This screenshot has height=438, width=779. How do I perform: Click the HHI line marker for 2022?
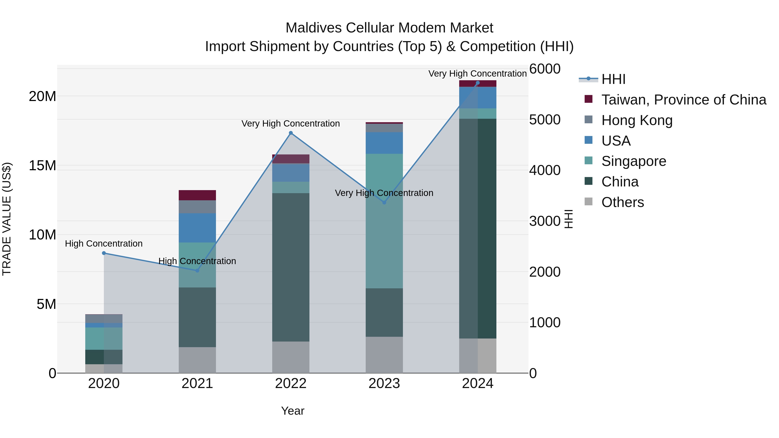[291, 133]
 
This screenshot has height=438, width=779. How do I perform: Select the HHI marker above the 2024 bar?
[478, 83]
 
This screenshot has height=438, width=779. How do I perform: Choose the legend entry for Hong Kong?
[637, 120]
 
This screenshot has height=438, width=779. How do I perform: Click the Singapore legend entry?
[634, 161]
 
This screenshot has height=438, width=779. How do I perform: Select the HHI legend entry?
[613, 79]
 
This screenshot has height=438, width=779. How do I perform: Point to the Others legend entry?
[622, 202]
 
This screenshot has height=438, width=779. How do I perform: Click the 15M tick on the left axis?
[42, 166]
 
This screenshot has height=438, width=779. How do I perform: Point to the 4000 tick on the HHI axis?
[545, 170]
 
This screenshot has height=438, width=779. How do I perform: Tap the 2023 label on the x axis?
[384, 383]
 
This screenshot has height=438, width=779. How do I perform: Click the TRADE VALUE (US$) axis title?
[7, 219]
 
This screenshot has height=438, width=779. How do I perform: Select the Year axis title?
[292, 411]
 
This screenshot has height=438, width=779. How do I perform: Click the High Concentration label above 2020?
[104, 244]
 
